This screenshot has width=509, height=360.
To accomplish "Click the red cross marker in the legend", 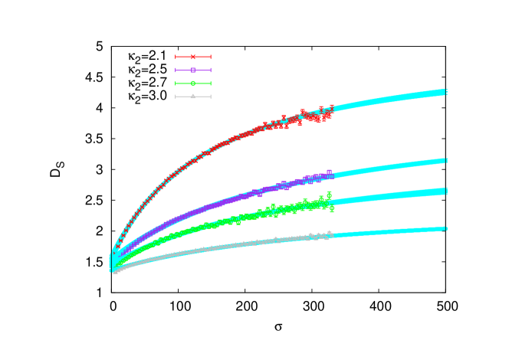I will (x=193, y=57).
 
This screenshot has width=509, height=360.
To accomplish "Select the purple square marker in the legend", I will (x=193, y=70).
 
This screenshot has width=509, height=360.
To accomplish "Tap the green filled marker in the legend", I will (x=193, y=83).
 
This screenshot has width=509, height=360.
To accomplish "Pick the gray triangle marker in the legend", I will (x=193, y=97).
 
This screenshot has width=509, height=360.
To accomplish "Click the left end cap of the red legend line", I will (x=176, y=57).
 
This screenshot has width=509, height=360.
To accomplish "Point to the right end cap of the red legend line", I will (x=210, y=57).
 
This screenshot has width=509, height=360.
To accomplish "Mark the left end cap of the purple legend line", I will (x=176, y=70).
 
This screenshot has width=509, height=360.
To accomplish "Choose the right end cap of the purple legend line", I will (x=210, y=70).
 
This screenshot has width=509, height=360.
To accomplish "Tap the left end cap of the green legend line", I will (x=176, y=83).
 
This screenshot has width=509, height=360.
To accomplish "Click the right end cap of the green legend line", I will (x=210, y=83).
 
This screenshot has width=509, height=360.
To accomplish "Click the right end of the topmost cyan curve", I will (x=445, y=92).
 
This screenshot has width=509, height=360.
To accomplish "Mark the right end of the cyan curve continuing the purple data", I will (x=445, y=161).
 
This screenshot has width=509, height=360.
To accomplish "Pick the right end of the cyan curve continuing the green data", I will (x=445, y=191).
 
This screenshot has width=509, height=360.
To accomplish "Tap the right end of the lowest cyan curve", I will (x=445, y=228).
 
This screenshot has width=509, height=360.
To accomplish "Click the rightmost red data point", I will (x=331, y=108).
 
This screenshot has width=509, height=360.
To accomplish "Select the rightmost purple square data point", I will (x=330, y=173).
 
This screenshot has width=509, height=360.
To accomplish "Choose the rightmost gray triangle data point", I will (x=330, y=234).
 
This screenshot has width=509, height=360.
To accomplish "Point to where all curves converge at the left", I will (x=113, y=262).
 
